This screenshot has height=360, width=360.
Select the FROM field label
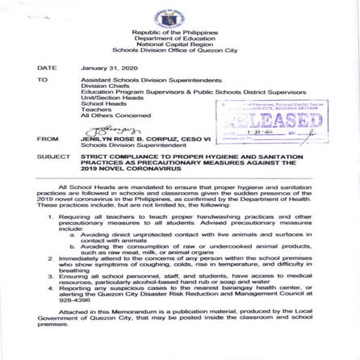point(48,139)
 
